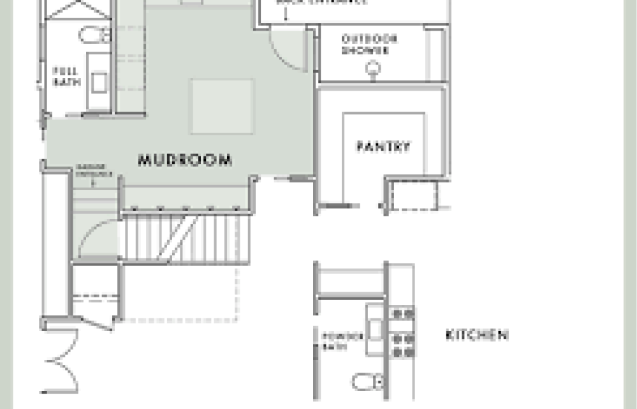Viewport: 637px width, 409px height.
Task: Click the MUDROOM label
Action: pos(185,160)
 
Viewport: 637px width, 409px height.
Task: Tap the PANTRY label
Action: pos(383,147)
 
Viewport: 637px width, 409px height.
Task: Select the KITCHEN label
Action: pos(476,335)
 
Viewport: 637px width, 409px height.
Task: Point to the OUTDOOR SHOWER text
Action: pos(369,45)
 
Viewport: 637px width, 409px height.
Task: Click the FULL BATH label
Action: pos(66,76)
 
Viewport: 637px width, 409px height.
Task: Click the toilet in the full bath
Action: pos(95,36)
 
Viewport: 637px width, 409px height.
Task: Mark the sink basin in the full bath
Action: pos(99,82)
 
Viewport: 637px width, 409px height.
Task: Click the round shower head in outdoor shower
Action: pos(374,68)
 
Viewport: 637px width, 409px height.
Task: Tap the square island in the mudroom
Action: pos(223,106)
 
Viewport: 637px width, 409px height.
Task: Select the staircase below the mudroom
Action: pos(185,237)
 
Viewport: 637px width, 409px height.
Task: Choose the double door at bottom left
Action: pos(62,361)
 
